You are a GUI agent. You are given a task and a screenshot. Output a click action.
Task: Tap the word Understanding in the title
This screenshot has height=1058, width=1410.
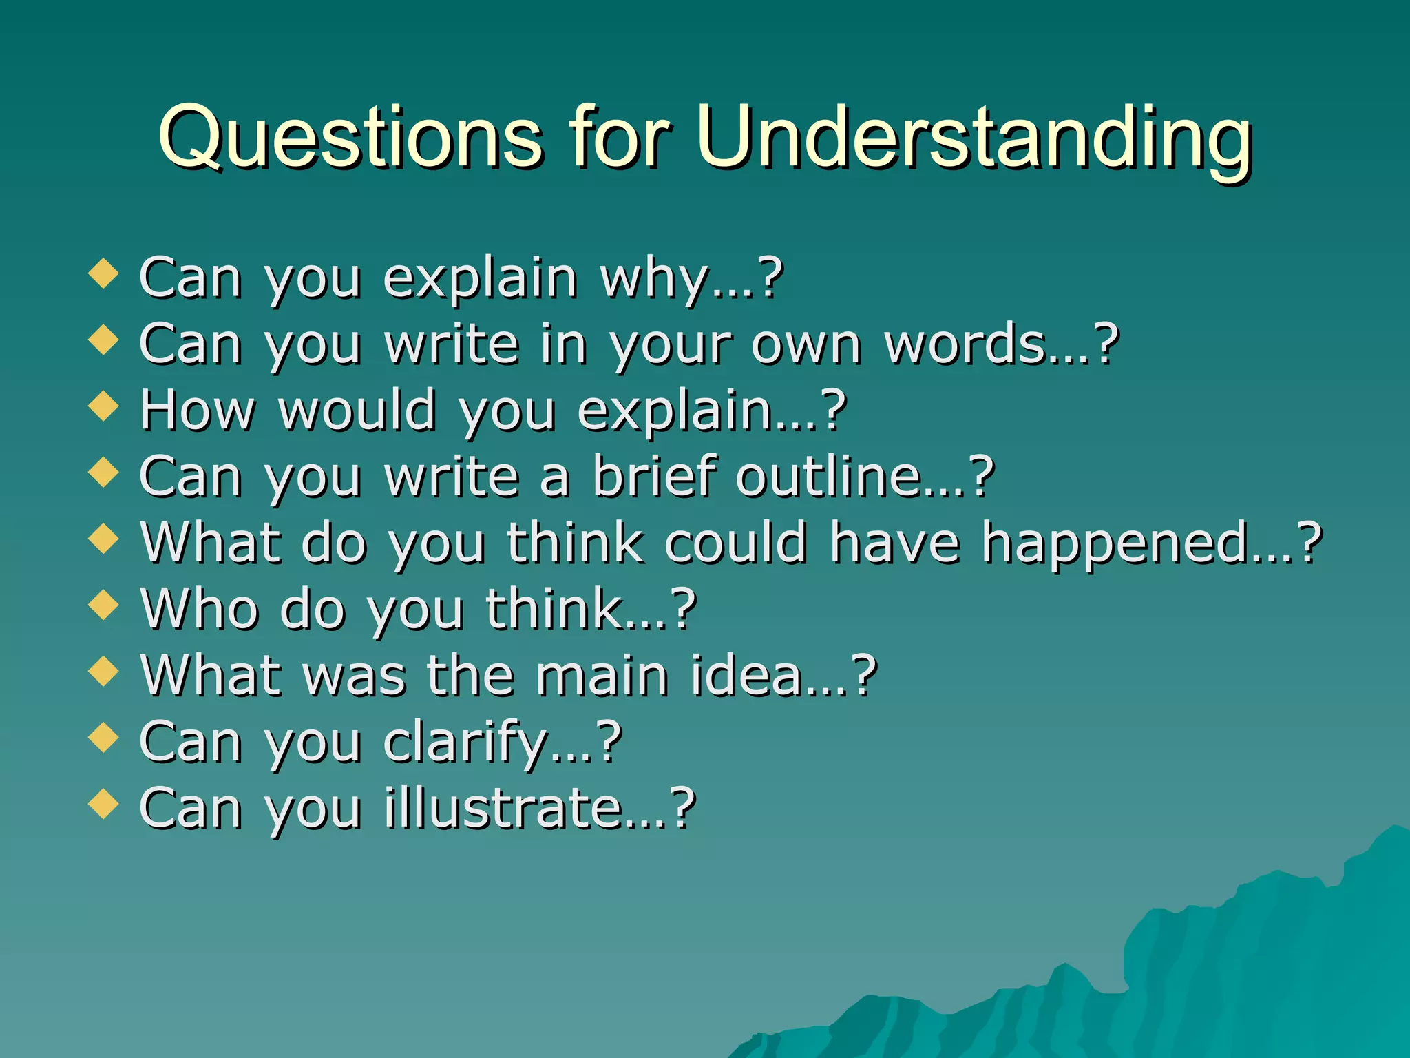click(974, 138)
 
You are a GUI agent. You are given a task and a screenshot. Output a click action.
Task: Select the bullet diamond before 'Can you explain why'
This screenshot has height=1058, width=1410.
click(104, 273)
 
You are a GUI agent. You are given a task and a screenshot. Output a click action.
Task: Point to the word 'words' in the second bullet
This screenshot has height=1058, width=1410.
click(964, 344)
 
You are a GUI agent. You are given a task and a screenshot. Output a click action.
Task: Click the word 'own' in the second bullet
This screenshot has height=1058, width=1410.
click(806, 345)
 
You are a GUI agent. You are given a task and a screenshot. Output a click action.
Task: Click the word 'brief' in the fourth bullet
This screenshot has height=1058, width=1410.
click(654, 476)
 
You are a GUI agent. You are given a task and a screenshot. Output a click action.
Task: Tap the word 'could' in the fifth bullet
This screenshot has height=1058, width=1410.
click(735, 542)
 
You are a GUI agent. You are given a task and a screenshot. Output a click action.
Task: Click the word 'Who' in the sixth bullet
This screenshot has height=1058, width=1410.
click(200, 609)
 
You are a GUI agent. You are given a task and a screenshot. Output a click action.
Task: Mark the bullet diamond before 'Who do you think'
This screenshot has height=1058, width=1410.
click(104, 605)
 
